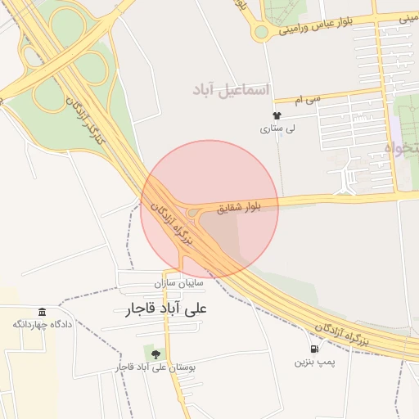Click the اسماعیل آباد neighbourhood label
pos(233,88)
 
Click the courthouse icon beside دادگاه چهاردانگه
pos(42,312)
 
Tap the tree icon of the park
pos(155,354)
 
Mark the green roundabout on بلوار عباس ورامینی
pos(261,32)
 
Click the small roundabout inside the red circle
pos(194,214)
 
